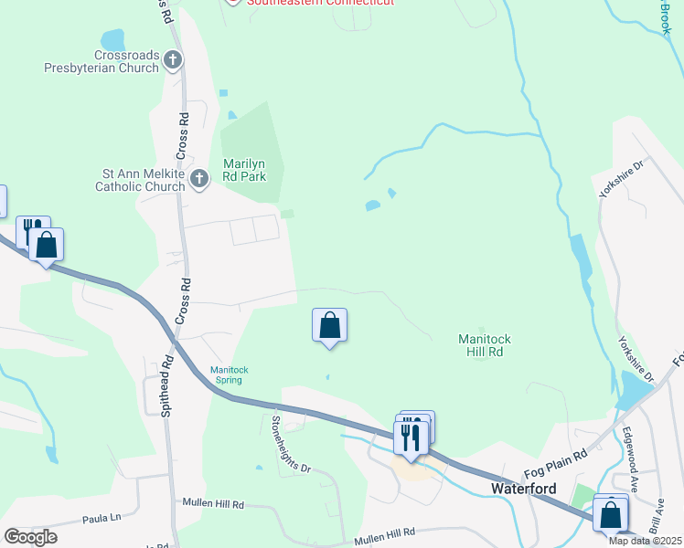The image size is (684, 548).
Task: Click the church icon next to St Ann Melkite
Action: (x=201, y=180)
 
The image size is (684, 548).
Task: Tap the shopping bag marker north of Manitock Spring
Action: (x=329, y=326)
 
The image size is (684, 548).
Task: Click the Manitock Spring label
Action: (x=230, y=375)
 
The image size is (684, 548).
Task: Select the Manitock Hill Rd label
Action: (x=484, y=345)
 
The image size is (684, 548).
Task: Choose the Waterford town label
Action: (x=524, y=488)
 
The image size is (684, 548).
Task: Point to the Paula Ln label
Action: (x=102, y=518)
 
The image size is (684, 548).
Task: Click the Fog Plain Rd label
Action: (x=555, y=466)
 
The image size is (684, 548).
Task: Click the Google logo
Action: (x=31, y=536)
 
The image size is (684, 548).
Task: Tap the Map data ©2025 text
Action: (x=645, y=541)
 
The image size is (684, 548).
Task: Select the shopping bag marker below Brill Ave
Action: (x=609, y=515)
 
